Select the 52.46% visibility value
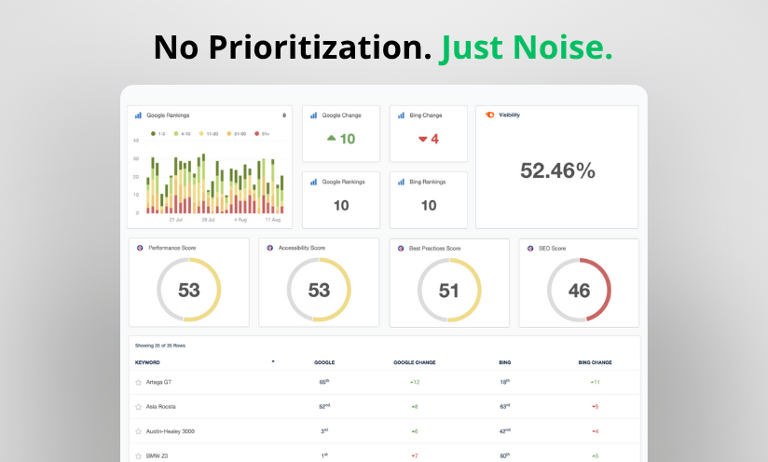point(557,170)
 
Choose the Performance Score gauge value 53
point(189,290)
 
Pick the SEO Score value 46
point(579,290)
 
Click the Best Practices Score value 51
point(449,290)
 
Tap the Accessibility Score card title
point(301,249)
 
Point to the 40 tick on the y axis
point(136,141)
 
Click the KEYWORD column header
point(148,361)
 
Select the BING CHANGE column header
point(595,361)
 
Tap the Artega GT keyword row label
point(158,382)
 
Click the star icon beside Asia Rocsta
point(139,407)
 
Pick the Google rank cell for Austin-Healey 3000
point(323,431)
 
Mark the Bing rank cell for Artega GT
point(504,382)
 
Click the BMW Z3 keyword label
point(157,455)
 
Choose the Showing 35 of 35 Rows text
point(160,346)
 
